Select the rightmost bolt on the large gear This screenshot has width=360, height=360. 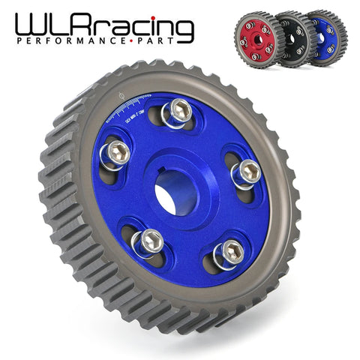[247, 171]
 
